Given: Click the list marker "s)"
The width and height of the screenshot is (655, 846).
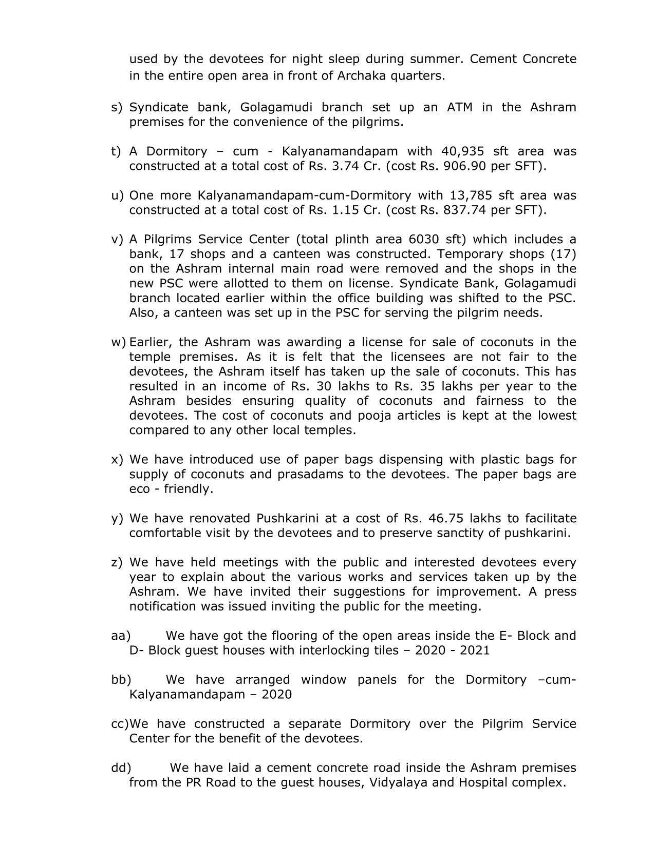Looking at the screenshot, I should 117,108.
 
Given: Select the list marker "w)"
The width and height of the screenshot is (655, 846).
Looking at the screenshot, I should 118,342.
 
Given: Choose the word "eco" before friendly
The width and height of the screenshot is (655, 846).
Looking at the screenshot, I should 139,489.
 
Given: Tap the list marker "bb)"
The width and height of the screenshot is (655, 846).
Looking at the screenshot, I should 121,680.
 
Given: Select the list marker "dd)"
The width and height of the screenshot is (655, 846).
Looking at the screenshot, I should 121,768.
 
